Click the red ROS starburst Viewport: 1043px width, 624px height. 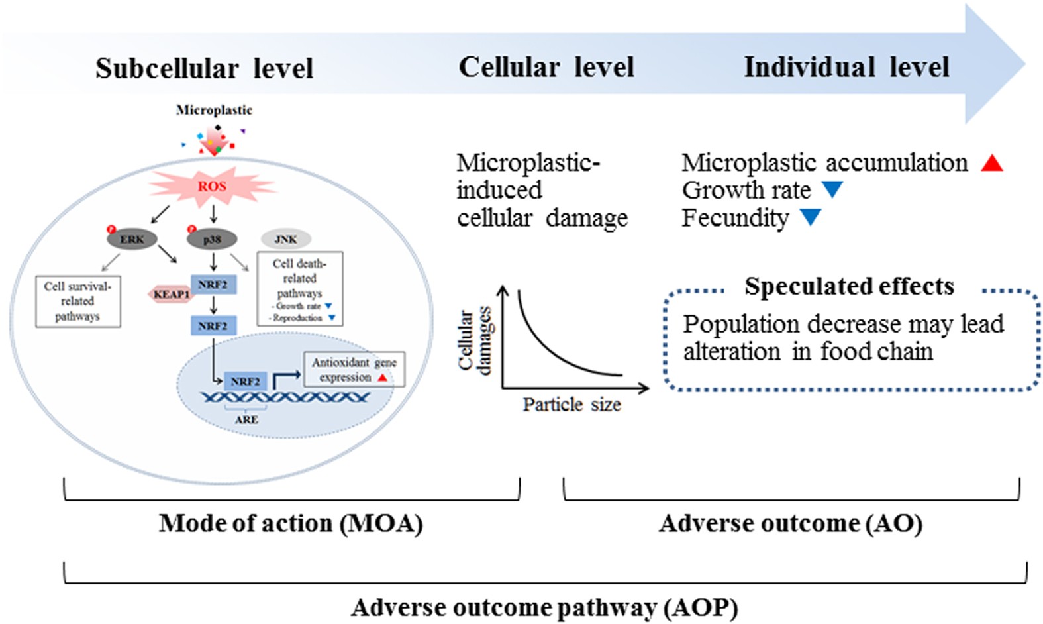point(212,186)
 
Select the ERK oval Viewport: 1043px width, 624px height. point(132,239)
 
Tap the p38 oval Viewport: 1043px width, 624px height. point(212,239)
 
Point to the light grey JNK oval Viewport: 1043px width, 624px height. point(285,239)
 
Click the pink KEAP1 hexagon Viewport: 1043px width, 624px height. point(171,294)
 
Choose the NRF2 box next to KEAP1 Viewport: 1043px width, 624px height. point(213,285)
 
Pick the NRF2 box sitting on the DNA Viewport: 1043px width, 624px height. point(245,382)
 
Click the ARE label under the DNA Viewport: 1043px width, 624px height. point(246,419)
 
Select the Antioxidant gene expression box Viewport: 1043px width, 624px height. point(354,370)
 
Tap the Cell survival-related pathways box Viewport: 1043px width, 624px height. point(77,301)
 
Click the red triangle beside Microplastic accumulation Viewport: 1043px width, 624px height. point(991,163)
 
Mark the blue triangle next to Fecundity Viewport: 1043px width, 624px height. point(811,217)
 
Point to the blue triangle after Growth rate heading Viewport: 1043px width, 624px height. point(832,189)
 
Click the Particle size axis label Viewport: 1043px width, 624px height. point(571,405)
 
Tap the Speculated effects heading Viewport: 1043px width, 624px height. point(849,286)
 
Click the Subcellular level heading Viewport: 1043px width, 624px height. point(204,68)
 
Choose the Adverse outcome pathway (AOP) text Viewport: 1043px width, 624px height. point(544,607)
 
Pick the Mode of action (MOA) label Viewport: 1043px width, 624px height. point(291,523)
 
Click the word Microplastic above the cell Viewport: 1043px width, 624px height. point(214,110)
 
